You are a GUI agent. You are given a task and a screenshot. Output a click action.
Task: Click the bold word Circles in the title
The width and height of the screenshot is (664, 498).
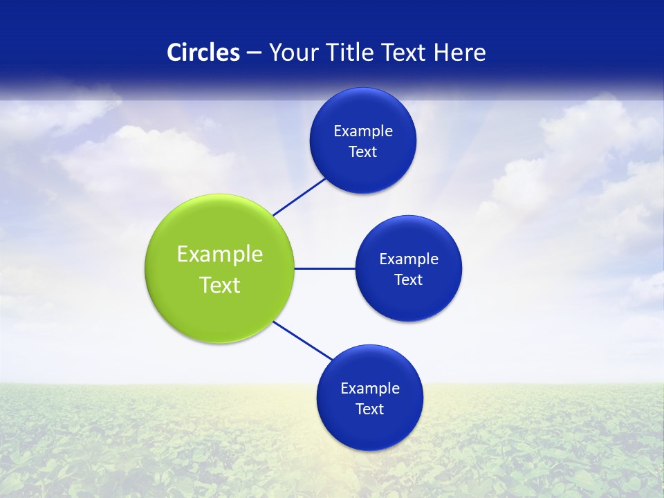[203, 53]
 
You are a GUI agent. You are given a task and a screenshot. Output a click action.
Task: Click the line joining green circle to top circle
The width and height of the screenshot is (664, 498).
[299, 196]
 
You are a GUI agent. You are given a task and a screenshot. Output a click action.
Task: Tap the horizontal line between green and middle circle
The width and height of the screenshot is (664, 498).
[325, 268]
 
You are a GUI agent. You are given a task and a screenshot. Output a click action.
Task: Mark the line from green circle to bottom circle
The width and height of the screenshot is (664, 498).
[303, 340]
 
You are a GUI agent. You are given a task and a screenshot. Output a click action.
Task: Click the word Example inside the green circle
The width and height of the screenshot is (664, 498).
[220, 255]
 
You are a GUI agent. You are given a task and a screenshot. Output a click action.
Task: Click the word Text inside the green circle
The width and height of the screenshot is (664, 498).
[220, 285]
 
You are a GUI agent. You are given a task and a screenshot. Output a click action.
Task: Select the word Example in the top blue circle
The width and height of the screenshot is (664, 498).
[363, 131]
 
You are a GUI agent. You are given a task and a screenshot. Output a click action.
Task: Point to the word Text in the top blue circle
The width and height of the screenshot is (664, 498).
[363, 152]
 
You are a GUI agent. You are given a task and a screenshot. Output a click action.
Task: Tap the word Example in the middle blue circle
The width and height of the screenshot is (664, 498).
[409, 259]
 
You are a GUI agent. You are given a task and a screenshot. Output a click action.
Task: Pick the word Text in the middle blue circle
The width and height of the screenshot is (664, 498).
[409, 280]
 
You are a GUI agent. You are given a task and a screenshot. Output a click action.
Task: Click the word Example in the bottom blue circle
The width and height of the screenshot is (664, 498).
[370, 389]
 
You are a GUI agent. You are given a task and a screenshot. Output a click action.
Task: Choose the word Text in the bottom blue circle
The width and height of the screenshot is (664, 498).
[370, 409]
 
